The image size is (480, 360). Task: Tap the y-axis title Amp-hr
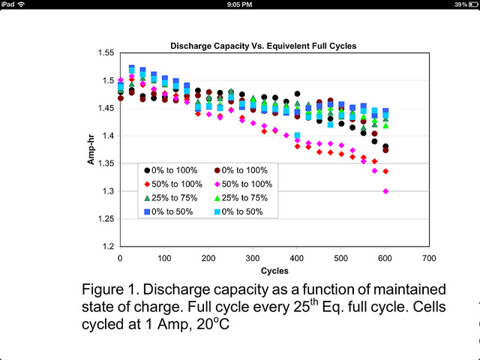(x=91, y=150)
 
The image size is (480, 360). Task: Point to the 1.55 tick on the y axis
(x=105, y=53)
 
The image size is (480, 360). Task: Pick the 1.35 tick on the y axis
(x=105, y=163)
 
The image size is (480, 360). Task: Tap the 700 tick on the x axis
(x=429, y=258)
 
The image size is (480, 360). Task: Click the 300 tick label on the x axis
(x=252, y=258)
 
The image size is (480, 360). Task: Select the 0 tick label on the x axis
(x=120, y=258)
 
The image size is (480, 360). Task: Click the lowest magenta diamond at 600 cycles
(x=385, y=191)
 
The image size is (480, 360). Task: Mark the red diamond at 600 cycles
(x=385, y=171)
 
